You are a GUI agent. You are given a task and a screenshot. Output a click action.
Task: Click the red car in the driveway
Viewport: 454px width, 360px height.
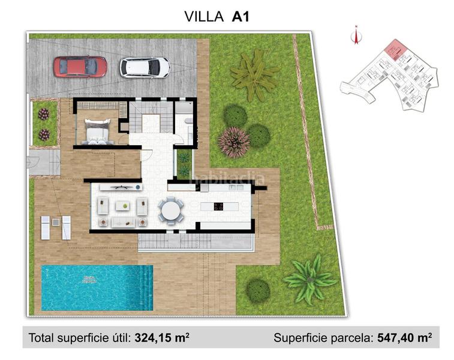80,67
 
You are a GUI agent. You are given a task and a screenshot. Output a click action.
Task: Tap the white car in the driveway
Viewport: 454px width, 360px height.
145,67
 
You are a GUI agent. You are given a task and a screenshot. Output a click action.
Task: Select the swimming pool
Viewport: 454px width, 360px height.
90,287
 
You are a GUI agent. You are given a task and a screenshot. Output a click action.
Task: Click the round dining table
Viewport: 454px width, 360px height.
171,210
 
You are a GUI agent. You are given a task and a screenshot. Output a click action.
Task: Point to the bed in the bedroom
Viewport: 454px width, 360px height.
98,131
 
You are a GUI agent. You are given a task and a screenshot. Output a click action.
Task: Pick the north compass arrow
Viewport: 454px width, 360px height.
356,36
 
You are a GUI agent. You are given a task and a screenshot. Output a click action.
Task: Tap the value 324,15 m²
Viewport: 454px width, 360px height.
162,338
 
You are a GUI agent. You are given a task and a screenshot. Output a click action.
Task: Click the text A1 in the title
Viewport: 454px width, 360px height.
240,16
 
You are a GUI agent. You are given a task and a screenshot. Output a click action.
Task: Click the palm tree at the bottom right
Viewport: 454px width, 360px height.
309,279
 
